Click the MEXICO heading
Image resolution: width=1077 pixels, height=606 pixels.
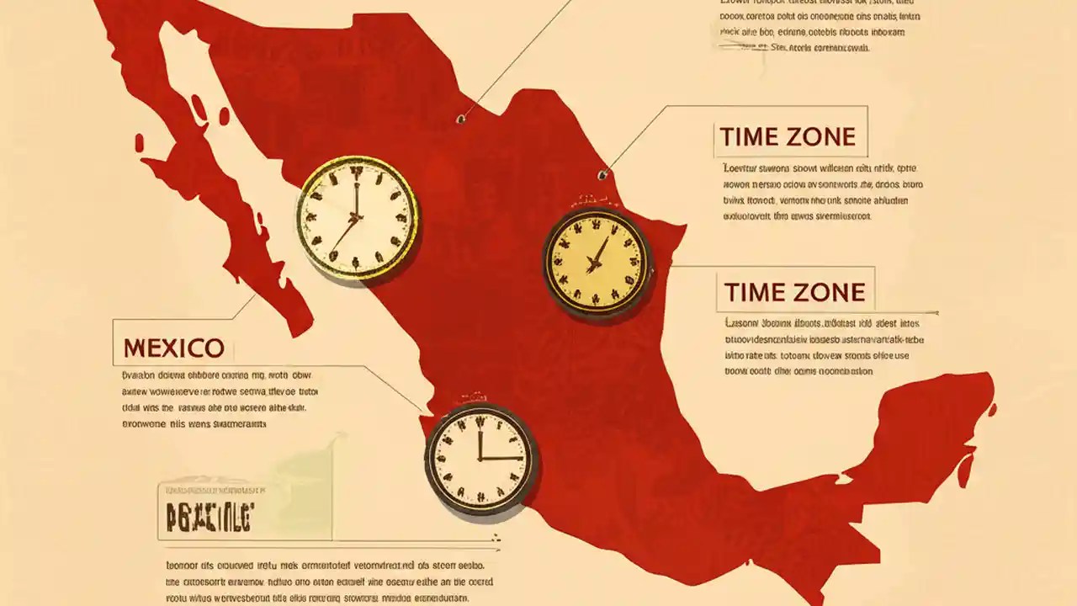pos(173,348)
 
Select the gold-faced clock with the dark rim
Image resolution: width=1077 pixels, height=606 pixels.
pos(597,261)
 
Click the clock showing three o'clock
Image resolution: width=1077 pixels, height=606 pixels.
pos(480,460)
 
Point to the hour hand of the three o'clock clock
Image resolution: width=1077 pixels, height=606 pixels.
pos(501,459)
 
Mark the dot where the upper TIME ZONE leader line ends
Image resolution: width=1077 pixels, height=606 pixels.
pos(602,175)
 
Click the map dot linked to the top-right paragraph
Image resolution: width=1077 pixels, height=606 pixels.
pos(460,119)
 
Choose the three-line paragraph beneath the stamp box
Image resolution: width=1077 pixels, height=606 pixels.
pos(328,582)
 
